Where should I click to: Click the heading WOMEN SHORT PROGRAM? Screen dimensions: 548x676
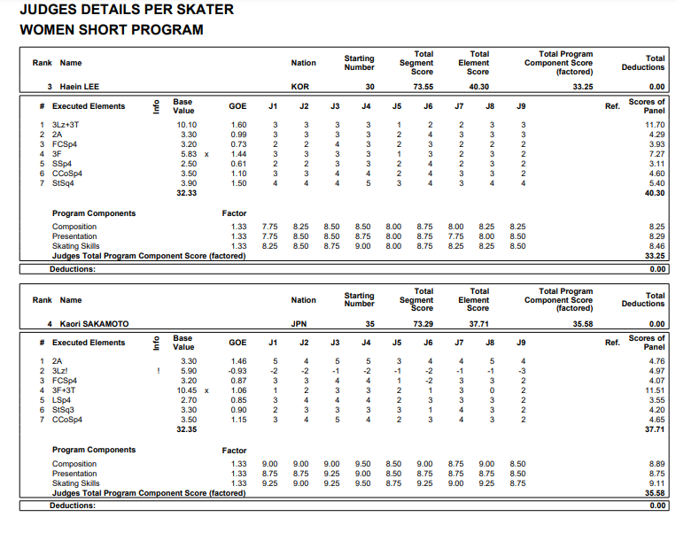pyautogui.click(x=111, y=29)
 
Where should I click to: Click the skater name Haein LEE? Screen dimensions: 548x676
pyautogui.click(x=79, y=87)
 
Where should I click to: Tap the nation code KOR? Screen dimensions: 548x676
pyautogui.click(x=300, y=87)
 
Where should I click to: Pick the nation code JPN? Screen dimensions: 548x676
pyautogui.click(x=299, y=324)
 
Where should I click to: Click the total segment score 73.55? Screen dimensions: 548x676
pyautogui.click(x=423, y=87)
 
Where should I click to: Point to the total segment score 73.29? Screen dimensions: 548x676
pyautogui.click(x=423, y=324)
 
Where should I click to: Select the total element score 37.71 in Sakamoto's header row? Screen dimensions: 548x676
pyautogui.click(x=478, y=324)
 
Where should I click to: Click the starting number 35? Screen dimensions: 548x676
pyautogui.click(x=369, y=324)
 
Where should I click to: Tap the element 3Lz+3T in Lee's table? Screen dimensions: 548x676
pyautogui.click(x=66, y=125)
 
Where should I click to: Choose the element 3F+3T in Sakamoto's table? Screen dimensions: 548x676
pyautogui.click(x=66, y=390)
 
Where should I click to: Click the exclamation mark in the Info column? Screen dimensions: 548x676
pyautogui.click(x=157, y=371)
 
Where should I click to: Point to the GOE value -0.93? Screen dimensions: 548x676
pyautogui.click(x=238, y=371)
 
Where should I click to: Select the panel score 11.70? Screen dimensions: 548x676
pyautogui.click(x=653, y=125)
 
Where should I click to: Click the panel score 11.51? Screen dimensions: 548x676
pyautogui.click(x=653, y=390)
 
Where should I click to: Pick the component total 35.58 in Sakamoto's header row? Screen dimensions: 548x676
pyautogui.click(x=582, y=324)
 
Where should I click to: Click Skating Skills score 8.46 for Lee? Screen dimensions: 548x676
pyautogui.click(x=655, y=246)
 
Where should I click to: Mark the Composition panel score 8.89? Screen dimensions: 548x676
pyautogui.click(x=655, y=464)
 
